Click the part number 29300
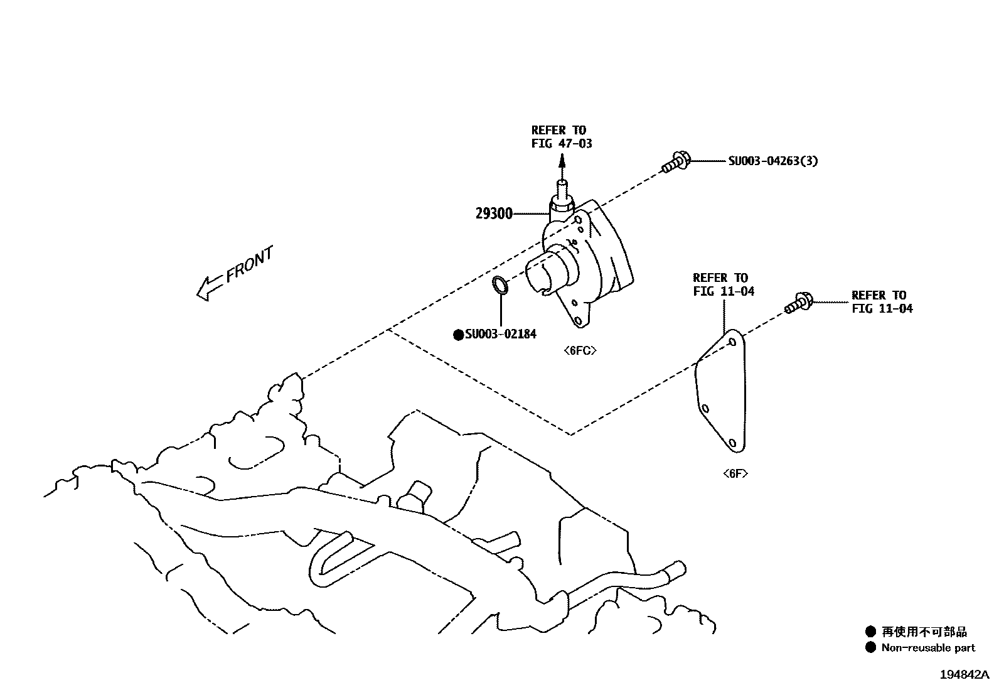tap(494, 214)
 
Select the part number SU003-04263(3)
tap(772, 161)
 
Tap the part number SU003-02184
tap(500, 335)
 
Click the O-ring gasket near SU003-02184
tap(500, 284)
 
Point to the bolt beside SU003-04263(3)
tap(675, 162)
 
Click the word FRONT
tap(250, 264)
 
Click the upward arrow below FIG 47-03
tap(562, 166)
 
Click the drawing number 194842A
tap(963, 675)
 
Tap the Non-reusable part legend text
tap(928, 648)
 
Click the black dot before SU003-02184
tap(459, 335)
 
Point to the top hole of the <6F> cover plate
tap(732, 342)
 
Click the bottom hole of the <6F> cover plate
tap(732, 443)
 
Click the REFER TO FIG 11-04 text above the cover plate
tap(724, 284)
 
